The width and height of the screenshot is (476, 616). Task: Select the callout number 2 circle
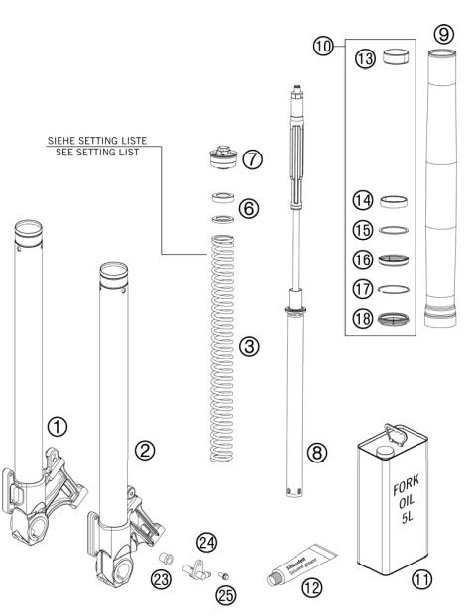[145, 450]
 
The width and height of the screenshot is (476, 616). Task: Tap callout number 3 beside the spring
[249, 346]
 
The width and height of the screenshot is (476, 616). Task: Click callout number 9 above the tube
[442, 33]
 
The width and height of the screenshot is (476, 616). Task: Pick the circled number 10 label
[353, 47]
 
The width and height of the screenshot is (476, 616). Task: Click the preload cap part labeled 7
[219, 159]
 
